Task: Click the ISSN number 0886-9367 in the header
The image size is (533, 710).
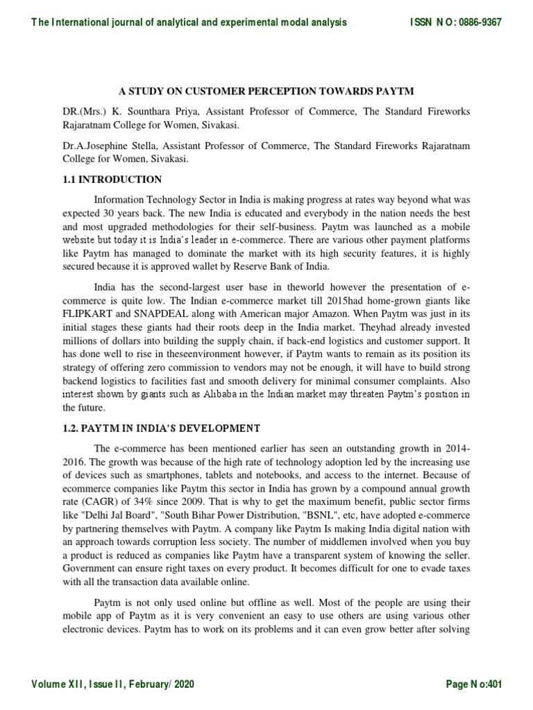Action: click(479, 22)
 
